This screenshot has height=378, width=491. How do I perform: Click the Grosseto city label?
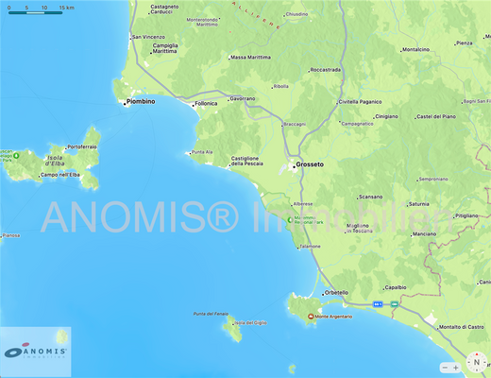pos(310,164)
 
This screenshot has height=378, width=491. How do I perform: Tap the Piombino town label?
pos(139,102)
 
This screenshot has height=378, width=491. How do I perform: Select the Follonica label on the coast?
pos(205,103)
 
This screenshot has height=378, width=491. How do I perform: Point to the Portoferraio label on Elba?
pos(82,147)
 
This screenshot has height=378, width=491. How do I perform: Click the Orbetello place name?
pos(336,293)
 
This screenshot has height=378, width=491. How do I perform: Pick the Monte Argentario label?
pos(333,317)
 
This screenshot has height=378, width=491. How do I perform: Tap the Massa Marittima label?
pos(250,58)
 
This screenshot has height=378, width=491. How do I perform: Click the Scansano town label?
pos(370,197)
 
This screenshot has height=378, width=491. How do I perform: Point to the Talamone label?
pos(310,247)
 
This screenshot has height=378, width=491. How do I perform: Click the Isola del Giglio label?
pos(250,323)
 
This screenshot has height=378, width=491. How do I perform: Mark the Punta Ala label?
pos(202,152)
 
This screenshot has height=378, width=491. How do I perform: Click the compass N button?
pos(478,362)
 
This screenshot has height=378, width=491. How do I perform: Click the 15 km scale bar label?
pos(66,8)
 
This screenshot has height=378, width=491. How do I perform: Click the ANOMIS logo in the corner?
pos(36,352)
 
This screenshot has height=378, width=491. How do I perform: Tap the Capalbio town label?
pos(396,287)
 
